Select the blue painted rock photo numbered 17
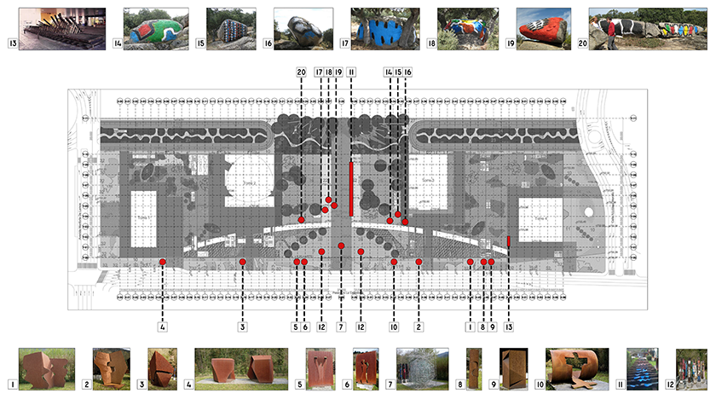(x=384, y=28)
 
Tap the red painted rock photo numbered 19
(x=545, y=28)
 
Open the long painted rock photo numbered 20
(x=651, y=28)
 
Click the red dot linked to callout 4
(x=162, y=262)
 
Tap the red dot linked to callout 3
(x=242, y=262)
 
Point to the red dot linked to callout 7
(x=340, y=246)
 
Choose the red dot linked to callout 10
(x=395, y=262)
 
